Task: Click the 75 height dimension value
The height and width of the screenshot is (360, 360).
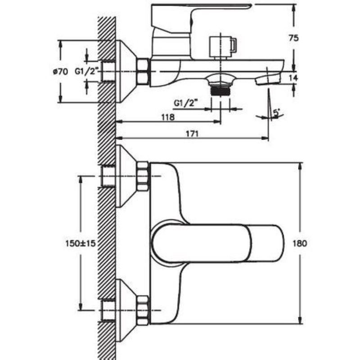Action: coord(294,38)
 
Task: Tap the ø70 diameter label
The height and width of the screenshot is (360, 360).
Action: coord(61,72)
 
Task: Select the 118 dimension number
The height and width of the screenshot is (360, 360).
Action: coord(168,117)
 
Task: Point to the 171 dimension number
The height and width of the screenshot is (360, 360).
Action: coord(192,134)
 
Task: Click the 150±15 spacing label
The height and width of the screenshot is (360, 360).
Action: coord(81,243)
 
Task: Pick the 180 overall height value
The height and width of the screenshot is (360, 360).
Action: coord(300,243)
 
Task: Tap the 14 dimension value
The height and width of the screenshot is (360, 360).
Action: coord(293,78)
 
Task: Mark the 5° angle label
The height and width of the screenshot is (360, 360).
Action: coord(276,113)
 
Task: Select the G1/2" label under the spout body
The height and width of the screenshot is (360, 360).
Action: coord(186,103)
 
